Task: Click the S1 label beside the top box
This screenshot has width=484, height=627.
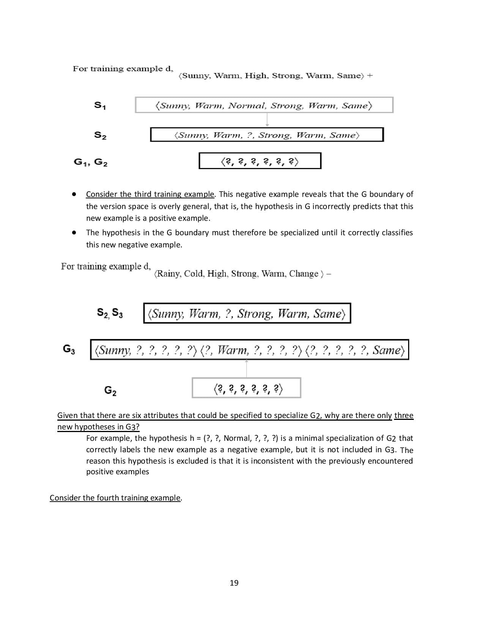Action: pyautogui.click(x=100, y=105)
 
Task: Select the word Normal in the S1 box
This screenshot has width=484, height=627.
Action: pyautogui.click(x=247, y=106)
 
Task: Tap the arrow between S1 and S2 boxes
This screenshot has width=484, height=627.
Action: pyautogui.click(x=267, y=120)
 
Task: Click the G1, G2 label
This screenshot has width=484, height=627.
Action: pyautogui.click(x=90, y=162)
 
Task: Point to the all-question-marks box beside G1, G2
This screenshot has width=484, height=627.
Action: pyautogui.click(x=260, y=161)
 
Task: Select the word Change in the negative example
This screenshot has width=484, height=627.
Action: pyautogui.click(x=304, y=274)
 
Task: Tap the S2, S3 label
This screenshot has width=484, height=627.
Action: pyautogui.click(x=110, y=313)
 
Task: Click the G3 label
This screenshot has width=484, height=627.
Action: pyautogui.click(x=69, y=349)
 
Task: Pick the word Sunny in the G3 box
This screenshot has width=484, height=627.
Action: pyautogui.click(x=113, y=350)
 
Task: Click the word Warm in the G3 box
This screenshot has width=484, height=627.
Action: pyautogui.click(x=230, y=350)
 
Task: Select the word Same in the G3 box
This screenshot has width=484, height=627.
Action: pyautogui.click(x=386, y=350)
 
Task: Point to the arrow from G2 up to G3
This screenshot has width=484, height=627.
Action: pyautogui.click(x=246, y=368)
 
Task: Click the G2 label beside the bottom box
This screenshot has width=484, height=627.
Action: pyautogui.click(x=110, y=390)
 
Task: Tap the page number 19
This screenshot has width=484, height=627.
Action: pyautogui.click(x=234, y=583)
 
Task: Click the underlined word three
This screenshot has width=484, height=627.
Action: pyautogui.click(x=404, y=415)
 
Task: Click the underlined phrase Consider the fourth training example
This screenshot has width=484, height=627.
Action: pyautogui.click(x=115, y=498)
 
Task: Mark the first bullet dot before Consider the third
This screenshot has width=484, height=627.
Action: pyautogui.click(x=74, y=194)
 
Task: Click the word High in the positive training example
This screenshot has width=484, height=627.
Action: pyautogui.click(x=255, y=76)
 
